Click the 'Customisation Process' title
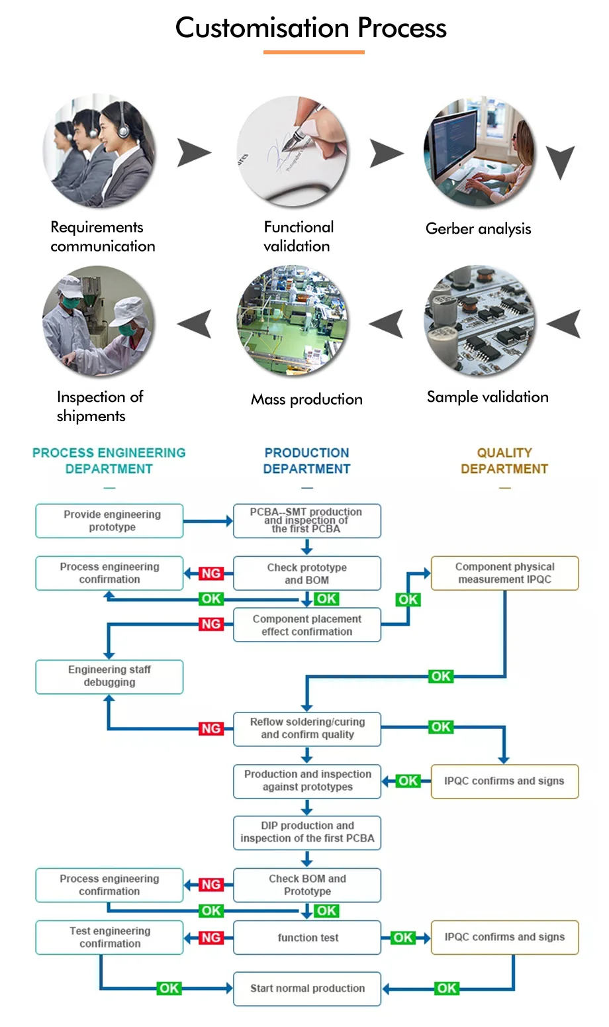(x=310, y=28)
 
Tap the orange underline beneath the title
(x=314, y=52)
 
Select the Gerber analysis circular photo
(x=479, y=152)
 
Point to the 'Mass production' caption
(x=306, y=399)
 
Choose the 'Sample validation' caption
(x=487, y=397)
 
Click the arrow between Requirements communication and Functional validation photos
(x=193, y=153)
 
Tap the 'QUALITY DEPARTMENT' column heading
(x=504, y=461)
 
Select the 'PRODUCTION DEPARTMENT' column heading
(x=306, y=461)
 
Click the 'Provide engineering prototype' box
(x=109, y=521)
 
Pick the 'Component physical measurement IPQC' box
(x=504, y=573)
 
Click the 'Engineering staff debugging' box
(x=109, y=676)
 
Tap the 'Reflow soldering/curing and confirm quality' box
(x=307, y=728)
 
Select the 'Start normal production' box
(x=307, y=989)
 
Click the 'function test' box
(x=307, y=938)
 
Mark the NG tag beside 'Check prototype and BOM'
(x=211, y=573)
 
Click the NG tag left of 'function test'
(x=211, y=938)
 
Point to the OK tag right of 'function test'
(x=402, y=938)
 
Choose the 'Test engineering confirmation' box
(x=109, y=938)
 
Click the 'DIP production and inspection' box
(x=307, y=832)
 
